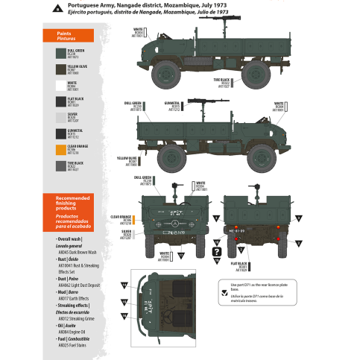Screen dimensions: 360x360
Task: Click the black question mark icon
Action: point(217,253)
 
